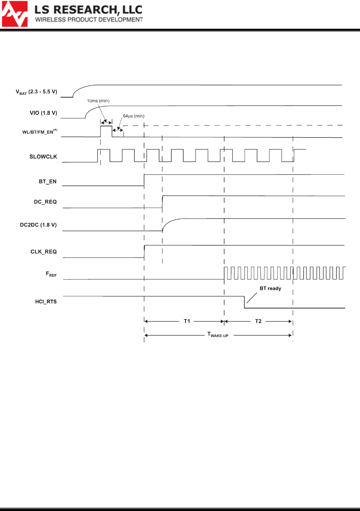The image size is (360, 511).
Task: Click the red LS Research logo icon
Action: [x=15, y=14]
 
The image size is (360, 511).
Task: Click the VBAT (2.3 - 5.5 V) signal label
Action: [x=36, y=92]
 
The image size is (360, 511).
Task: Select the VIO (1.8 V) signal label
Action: [x=43, y=113]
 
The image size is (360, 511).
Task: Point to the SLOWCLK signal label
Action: [x=43, y=156]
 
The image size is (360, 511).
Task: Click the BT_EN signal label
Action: [x=48, y=181]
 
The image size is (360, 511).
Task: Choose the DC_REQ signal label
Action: [x=45, y=202]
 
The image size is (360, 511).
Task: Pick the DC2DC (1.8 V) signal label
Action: [x=38, y=225]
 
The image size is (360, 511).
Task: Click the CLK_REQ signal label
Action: [x=43, y=252]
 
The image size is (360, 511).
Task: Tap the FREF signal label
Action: [x=51, y=274]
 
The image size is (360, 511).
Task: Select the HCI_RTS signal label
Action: [x=46, y=302]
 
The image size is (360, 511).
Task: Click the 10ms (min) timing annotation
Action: [x=98, y=101]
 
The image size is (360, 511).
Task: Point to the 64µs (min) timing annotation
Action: [x=133, y=116]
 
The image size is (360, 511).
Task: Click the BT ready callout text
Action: [x=270, y=289]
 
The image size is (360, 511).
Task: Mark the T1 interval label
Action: [x=187, y=321]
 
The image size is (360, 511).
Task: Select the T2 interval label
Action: [x=258, y=321]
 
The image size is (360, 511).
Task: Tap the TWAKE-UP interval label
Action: [x=218, y=335]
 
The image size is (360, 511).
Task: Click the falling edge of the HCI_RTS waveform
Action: [x=244, y=302]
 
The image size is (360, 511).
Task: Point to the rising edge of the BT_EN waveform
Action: [x=144, y=180]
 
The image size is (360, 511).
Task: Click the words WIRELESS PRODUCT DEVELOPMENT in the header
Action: [x=89, y=20]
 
